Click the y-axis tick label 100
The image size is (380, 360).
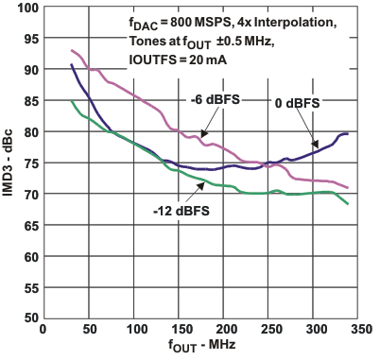(x=26, y=9)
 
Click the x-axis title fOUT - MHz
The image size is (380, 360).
(x=200, y=348)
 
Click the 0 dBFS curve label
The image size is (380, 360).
(x=295, y=101)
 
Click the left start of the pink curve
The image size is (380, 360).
(x=71, y=51)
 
